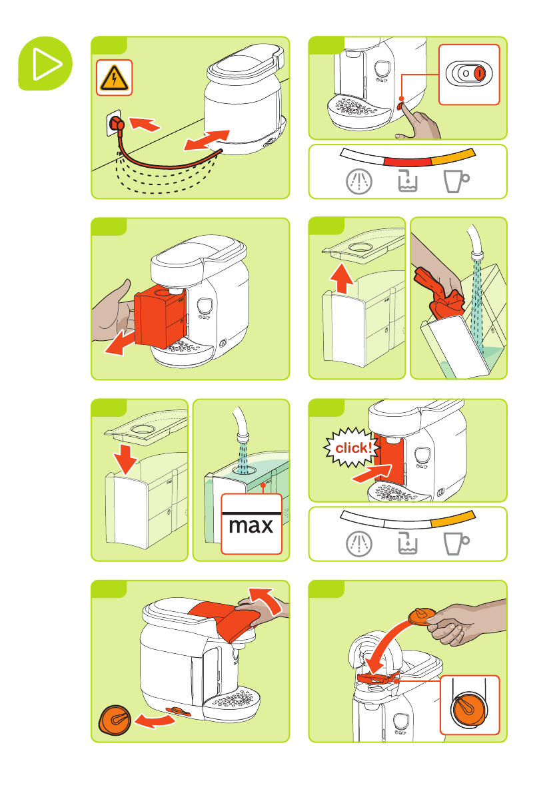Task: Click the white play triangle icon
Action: (x=47, y=64)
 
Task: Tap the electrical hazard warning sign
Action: (x=114, y=78)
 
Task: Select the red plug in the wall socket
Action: (x=117, y=124)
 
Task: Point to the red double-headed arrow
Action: (x=207, y=140)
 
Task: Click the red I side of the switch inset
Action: (x=479, y=73)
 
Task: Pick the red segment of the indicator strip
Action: (x=407, y=161)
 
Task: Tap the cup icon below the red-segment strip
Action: (x=456, y=180)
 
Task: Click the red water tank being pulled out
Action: (x=160, y=318)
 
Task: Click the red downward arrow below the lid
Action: (x=125, y=459)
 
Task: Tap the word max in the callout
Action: (x=251, y=525)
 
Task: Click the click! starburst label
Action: (x=352, y=447)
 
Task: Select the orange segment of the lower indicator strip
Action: (x=453, y=519)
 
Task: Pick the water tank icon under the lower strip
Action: (x=407, y=543)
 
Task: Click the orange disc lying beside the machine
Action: (x=115, y=720)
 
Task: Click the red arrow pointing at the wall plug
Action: (x=145, y=123)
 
